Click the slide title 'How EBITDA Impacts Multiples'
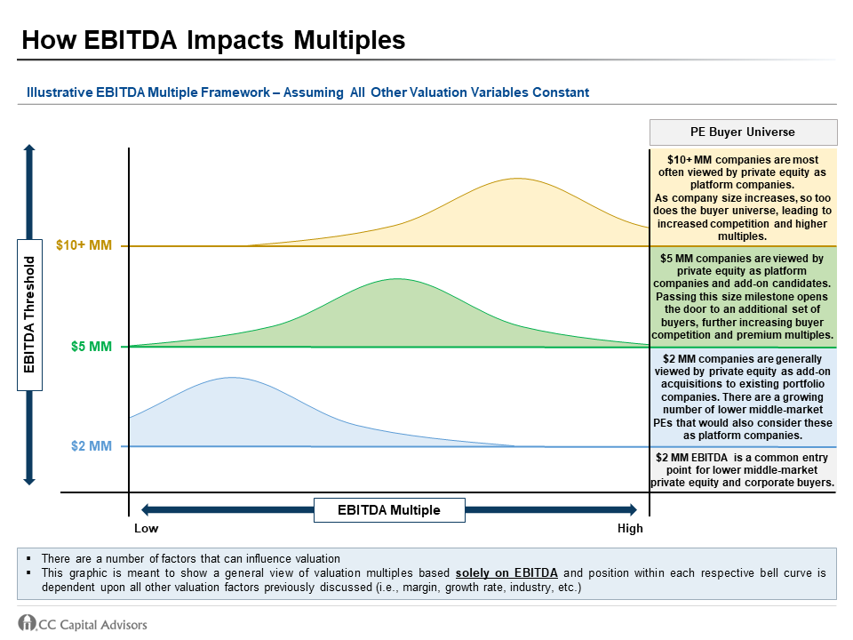213,40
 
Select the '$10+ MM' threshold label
84,245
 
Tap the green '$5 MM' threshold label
92,347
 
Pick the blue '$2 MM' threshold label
92,446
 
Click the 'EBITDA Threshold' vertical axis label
29,315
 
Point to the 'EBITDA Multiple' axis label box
388,509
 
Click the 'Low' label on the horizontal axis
147,529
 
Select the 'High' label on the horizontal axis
629,529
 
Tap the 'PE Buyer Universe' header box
743,132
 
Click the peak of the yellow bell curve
516,179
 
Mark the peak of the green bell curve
395,279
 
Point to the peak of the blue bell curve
232,378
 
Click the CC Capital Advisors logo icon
27,623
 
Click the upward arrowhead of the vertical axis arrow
29,152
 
